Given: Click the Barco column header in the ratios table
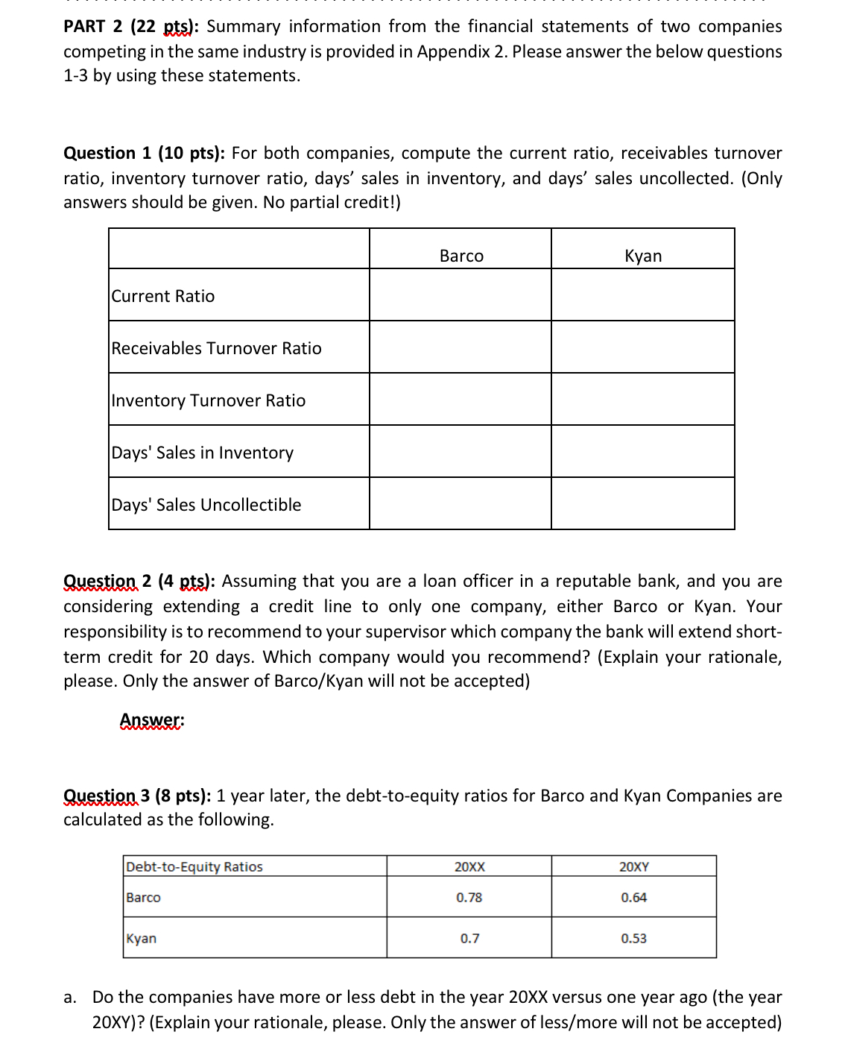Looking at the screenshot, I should [x=461, y=256].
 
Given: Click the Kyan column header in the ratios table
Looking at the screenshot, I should [x=643, y=256].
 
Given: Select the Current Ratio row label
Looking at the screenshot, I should [x=163, y=296].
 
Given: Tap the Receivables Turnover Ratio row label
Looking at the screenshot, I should [x=216, y=348].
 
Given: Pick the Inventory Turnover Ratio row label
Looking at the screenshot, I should [x=209, y=400].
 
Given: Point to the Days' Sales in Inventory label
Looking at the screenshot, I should [x=203, y=453].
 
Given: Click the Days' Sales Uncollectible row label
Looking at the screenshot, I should [x=206, y=505].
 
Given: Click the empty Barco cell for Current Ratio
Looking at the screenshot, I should [x=461, y=295].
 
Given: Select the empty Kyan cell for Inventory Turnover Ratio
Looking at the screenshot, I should [x=643, y=400].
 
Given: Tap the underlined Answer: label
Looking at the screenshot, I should [x=152, y=720].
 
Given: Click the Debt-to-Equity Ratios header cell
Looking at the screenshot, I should [x=194, y=866].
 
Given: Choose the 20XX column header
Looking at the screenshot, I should [x=469, y=866].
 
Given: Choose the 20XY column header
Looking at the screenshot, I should [x=634, y=866].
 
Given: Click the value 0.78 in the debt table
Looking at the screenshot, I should [x=469, y=897].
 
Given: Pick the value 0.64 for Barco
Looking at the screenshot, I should [x=634, y=897].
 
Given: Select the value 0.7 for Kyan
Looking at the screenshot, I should [x=469, y=938].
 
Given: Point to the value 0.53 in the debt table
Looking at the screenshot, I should [x=634, y=938].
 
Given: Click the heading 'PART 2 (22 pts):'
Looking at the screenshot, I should [x=131, y=27].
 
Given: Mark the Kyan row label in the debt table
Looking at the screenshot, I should [x=142, y=938].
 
